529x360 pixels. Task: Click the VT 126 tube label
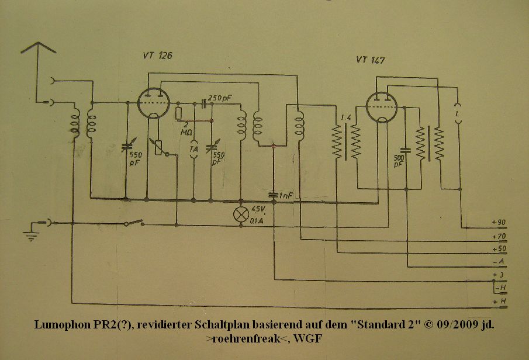(x=157, y=56)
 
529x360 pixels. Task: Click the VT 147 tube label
(x=370, y=60)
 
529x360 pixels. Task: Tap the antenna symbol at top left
(x=39, y=49)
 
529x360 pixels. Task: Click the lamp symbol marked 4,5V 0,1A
(x=241, y=214)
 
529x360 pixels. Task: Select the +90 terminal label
(x=499, y=223)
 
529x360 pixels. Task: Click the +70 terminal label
(x=499, y=237)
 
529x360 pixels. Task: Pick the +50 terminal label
(x=499, y=250)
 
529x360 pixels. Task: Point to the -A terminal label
(x=499, y=262)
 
